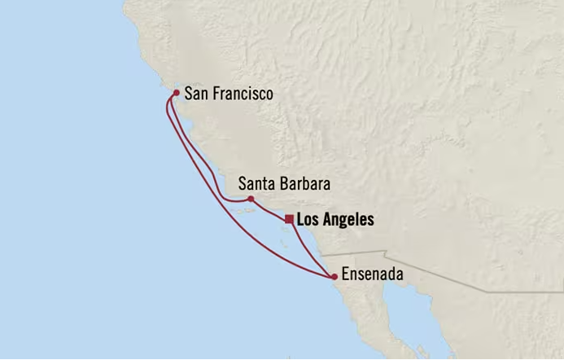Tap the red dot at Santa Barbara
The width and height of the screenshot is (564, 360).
pyautogui.click(x=251, y=199)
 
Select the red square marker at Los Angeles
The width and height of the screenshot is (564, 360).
pyautogui.click(x=289, y=218)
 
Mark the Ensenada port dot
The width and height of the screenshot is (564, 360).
pyautogui.click(x=334, y=277)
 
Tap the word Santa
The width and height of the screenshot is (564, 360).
pyautogui.click(x=256, y=184)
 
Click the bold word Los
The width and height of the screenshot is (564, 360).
pyautogui.click(x=308, y=219)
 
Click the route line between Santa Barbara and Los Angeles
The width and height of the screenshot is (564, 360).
pyautogui.click(x=270, y=209)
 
